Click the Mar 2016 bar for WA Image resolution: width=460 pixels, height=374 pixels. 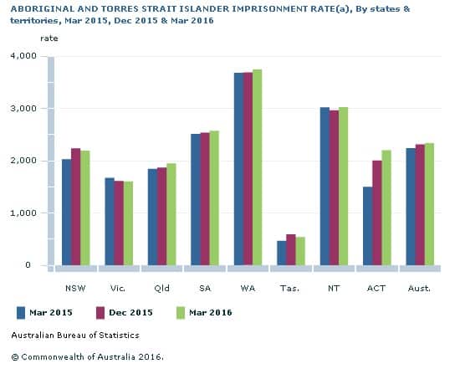coord(257,167)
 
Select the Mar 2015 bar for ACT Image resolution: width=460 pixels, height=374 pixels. coord(367,226)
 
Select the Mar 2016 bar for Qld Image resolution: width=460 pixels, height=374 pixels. coord(171,214)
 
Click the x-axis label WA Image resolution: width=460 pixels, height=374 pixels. coord(248,289)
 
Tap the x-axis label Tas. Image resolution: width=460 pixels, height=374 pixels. coord(290,289)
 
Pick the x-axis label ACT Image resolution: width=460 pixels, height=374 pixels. coord(376,289)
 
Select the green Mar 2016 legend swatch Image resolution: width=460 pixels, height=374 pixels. coord(180,313)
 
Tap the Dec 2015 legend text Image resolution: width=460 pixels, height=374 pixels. coord(130,313)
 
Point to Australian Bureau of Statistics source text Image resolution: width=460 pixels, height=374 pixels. coord(75,336)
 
